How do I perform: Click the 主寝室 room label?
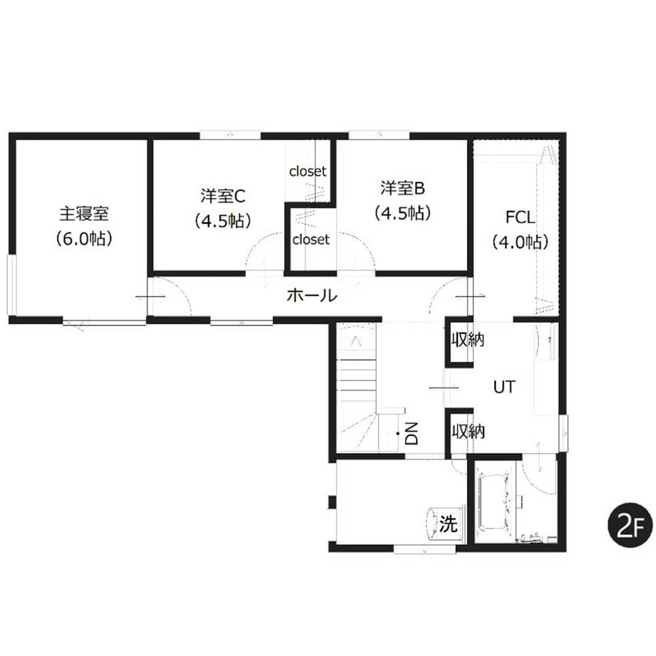click(84, 214)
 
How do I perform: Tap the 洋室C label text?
click(222, 195)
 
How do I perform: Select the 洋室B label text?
click(403, 188)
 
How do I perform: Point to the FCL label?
click(520, 218)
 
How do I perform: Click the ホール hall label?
click(312, 295)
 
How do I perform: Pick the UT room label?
click(504, 388)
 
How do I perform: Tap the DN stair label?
click(412, 433)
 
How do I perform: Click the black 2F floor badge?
click(630, 525)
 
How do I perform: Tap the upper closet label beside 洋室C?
click(308, 171)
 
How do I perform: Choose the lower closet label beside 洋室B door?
click(311, 239)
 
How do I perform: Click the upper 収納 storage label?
click(468, 340)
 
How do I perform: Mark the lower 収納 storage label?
click(468, 431)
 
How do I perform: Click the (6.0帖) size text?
click(84, 239)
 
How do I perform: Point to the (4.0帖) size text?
click(520, 242)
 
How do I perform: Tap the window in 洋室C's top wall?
click(230, 136)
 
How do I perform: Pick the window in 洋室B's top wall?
click(379, 136)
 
